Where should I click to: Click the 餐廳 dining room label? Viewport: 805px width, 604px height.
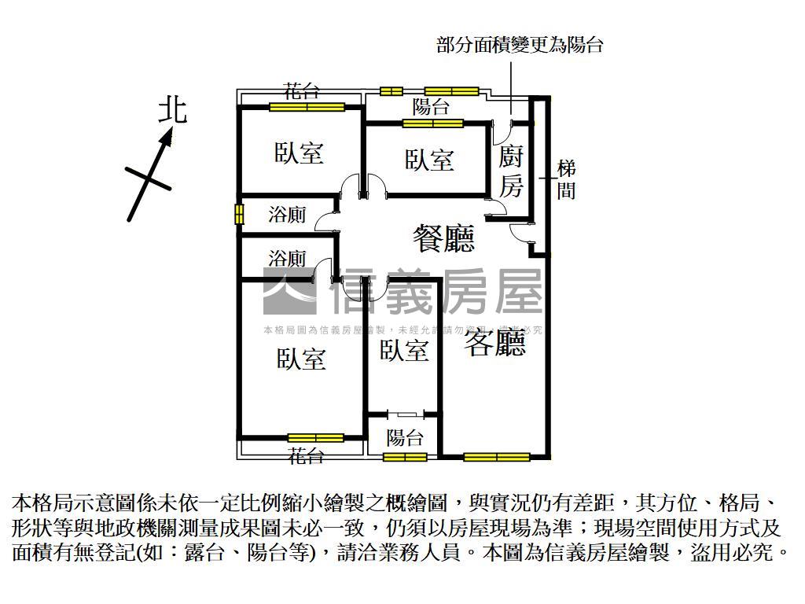(444, 238)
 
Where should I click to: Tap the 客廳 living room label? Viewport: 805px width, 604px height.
(494, 343)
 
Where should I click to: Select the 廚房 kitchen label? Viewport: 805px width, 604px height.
(512, 171)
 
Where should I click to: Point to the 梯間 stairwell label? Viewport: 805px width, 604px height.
(566, 179)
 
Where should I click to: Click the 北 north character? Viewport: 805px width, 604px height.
(173, 110)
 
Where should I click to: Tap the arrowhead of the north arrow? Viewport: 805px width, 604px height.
(166, 138)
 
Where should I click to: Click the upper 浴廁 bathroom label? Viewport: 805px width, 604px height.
(287, 215)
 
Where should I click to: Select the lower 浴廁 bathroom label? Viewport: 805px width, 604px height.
(287, 258)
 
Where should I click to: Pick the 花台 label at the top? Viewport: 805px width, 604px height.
(302, 90)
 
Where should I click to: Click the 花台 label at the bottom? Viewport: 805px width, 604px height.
(305, 455)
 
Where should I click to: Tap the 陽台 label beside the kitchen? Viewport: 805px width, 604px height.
(431, 107)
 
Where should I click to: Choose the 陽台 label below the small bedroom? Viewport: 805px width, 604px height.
(406, 438)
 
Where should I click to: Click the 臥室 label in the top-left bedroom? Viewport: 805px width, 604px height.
(300, 153)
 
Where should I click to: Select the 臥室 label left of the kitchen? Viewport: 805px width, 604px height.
(430, 160)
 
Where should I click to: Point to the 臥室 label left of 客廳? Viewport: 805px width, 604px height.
(404, 351)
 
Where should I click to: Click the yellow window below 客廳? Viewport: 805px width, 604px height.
(496, 457)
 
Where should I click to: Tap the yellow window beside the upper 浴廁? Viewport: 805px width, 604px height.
(237, 215)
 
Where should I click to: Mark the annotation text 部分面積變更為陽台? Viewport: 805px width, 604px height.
(520, 45)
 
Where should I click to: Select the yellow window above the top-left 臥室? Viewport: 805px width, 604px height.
(307, 107)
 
